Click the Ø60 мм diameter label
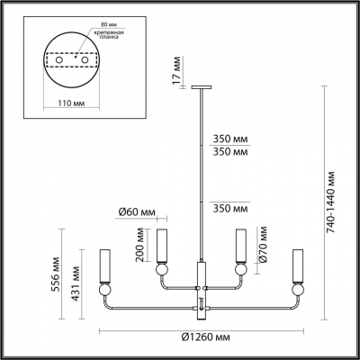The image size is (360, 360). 135,213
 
